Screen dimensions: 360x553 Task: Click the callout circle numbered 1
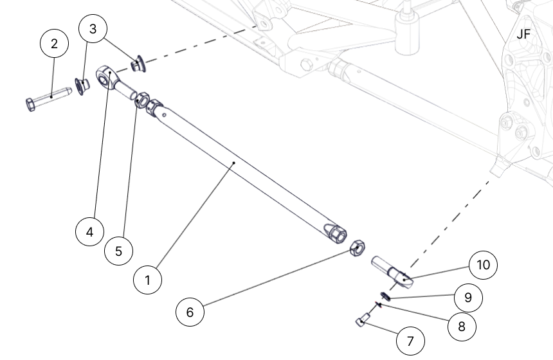point(149,280)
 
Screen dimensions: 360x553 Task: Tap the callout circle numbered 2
point(54,44)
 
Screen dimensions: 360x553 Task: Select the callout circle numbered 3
point(93,29)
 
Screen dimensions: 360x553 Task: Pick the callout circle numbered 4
point(89,231)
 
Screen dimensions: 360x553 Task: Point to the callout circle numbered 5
point(119,251)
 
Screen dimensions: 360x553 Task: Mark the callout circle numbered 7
point(410,339)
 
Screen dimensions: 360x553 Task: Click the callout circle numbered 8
point(462,326)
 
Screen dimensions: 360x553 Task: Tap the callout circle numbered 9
point(468,298)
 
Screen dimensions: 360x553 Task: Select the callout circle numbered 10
point(483,265)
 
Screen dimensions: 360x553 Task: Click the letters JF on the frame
point(523,34)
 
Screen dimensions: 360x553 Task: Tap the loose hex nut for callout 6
point(358,248)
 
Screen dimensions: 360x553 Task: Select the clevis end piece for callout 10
point(392,269)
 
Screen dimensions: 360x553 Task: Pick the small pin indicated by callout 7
point(363,319)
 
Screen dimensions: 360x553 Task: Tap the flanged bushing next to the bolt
point(82,85)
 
